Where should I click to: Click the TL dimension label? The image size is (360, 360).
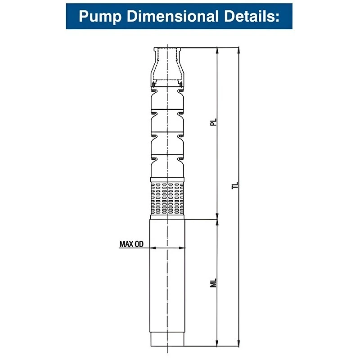pos(235,186)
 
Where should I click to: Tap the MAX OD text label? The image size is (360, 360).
pos(131,244)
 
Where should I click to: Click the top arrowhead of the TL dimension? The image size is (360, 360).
pos(238,49)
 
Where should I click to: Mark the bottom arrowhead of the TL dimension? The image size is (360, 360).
pos(238,344)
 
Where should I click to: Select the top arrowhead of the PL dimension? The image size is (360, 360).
pos(217,49)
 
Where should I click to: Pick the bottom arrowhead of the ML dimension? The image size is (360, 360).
pos(217,344)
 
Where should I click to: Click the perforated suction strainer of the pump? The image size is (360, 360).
pos(167,198)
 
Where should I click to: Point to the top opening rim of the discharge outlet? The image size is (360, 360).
pos(167,48)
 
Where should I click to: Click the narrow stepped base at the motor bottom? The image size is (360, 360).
pos(167,340)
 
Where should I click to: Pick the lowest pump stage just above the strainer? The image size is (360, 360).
pos(167,169)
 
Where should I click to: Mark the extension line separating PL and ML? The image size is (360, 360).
pos(202,220)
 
